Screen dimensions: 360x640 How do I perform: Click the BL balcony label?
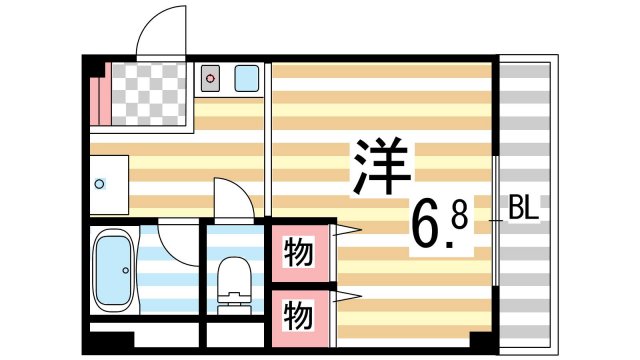click(524, 210)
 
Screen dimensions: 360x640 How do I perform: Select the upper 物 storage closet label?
click(296, 251)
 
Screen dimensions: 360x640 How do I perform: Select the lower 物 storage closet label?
click(296, 315)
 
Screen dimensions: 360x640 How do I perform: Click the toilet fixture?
click(234, 274)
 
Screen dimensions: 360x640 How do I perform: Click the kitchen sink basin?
click(245, 77)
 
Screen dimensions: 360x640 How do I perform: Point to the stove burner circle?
click(210, 76)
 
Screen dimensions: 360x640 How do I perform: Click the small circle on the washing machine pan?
click(99, 184)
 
